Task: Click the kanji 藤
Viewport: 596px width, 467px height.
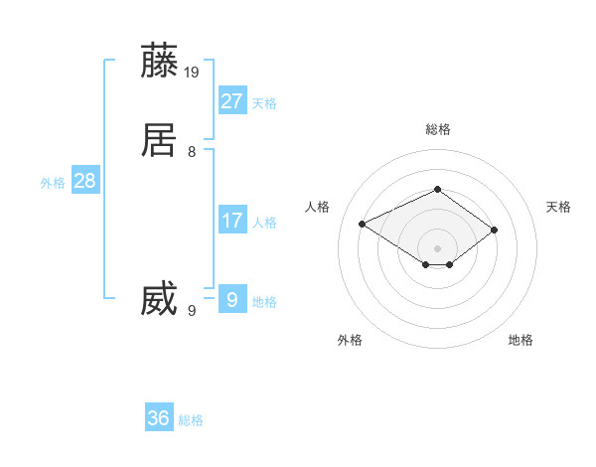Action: (159, 61)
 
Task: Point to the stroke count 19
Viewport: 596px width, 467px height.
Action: (192, 72)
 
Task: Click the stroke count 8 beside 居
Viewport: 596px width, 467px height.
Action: (192, 151)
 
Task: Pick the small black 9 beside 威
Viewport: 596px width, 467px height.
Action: (192, 310)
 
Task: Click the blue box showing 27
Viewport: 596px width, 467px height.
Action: (231, 101)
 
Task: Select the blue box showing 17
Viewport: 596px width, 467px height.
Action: (231, 221)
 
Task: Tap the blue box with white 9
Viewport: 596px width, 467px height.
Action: (231, 298)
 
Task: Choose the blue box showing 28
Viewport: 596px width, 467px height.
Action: (84, 181)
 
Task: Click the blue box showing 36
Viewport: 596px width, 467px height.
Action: (159, 418)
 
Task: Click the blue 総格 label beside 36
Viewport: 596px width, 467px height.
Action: (191, 420)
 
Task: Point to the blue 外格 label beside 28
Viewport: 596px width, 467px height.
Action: (53, 183)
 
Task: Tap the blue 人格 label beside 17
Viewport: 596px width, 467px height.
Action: (264, 223)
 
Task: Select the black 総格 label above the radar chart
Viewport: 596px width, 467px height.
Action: (437, 129)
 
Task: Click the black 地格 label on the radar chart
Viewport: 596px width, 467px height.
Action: (521, 340)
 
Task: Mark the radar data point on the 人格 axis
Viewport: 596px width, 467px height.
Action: (362, 223)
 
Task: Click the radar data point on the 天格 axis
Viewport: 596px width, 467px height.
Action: (494, 230)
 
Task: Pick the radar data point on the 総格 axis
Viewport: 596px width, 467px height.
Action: (437, 189)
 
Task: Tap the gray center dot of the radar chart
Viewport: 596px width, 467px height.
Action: (437, 247)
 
